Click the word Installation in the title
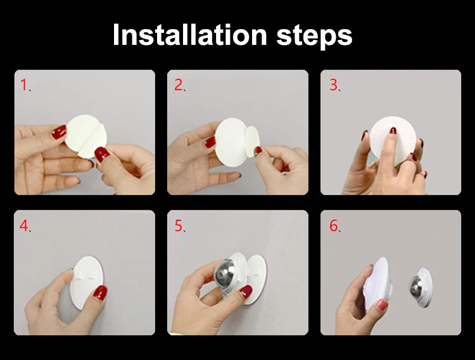click(x=189, y=35)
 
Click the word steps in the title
click(x=314, y=37)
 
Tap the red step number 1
click(x=23, y=85)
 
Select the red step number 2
click(x=178, y=85)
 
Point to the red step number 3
click(x=334, y=85)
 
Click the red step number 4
click(x=23, y=226)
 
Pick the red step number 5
click(x=179, y=226)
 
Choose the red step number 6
click(x=334, y=226)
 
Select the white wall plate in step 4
click(x=86, y=282)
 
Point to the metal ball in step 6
click(x=414, y=287)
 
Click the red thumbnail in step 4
click(x=100, y=292)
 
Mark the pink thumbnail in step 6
click(x=381, y=304)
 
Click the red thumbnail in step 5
click(x=246, y=292)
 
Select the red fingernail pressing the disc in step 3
click(x=393, y=131)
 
